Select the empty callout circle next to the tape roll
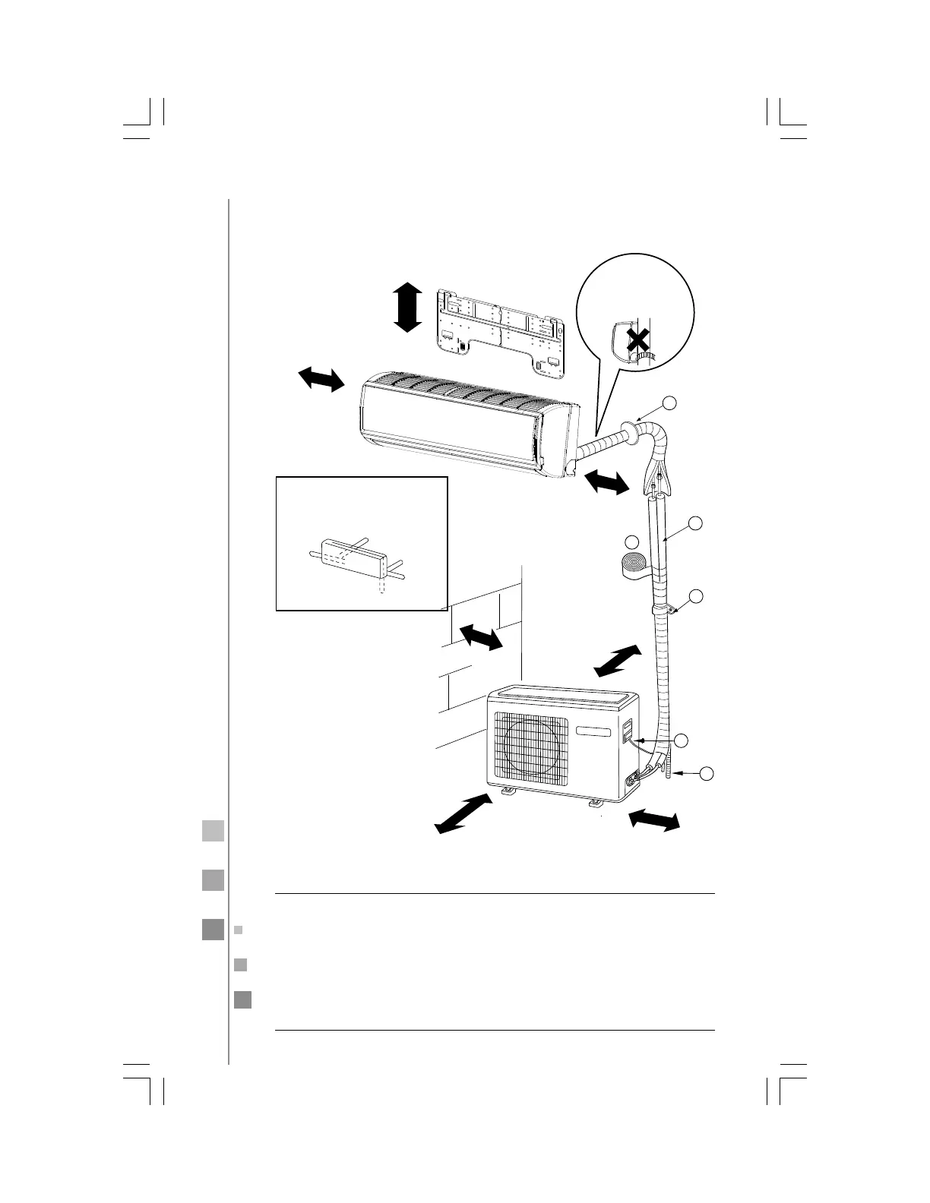tap(631, 542)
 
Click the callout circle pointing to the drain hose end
tap(706, 773)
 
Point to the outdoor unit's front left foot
tap(506, 794)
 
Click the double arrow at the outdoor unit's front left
tap(461, 813)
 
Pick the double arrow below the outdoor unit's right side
tap(653, 821)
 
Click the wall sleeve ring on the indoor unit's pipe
tap(628, 433)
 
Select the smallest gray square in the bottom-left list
tap(238, 930)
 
